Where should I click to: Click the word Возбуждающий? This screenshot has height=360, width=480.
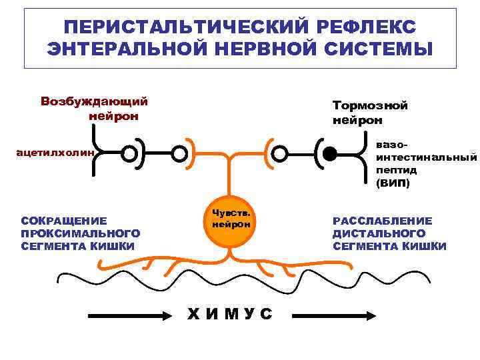click(x=94, y=102)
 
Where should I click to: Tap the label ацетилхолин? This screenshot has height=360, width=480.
click(x=56, y=154)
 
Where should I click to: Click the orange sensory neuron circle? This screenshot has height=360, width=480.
click(x=231, y=220)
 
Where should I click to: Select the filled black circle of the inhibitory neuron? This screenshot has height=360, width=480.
click(x=329, y=155)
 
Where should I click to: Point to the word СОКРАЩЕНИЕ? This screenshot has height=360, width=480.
click(x=64, y=221)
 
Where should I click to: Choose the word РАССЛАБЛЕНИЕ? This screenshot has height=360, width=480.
click(x=383, y=221)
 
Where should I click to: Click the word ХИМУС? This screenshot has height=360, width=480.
click(x=230, y=314)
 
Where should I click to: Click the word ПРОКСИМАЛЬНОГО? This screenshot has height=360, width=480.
click(x=81, y=233)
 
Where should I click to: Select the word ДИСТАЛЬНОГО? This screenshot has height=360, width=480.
click(x=379, y=233)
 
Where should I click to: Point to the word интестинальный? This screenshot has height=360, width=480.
click(x=427, y=157)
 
